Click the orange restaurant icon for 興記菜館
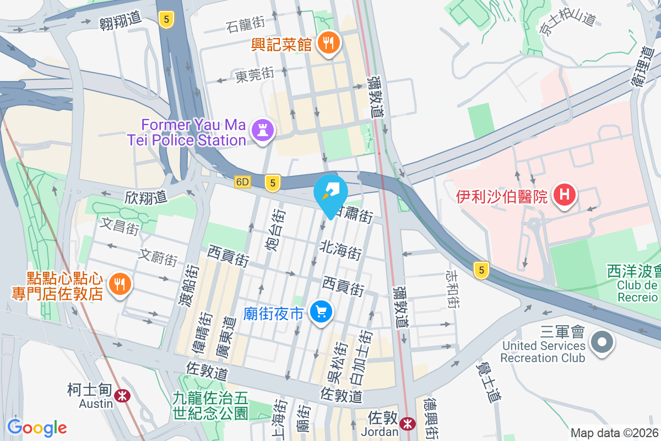[x=329, y=42]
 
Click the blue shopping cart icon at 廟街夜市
[x=321, y=313]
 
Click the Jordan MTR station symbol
[x=408, y=423]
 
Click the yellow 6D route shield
[x=242, y=181]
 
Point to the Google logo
[x=37, y=427]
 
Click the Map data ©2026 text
[x=614, y=433]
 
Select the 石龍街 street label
[x=246, y=24]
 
